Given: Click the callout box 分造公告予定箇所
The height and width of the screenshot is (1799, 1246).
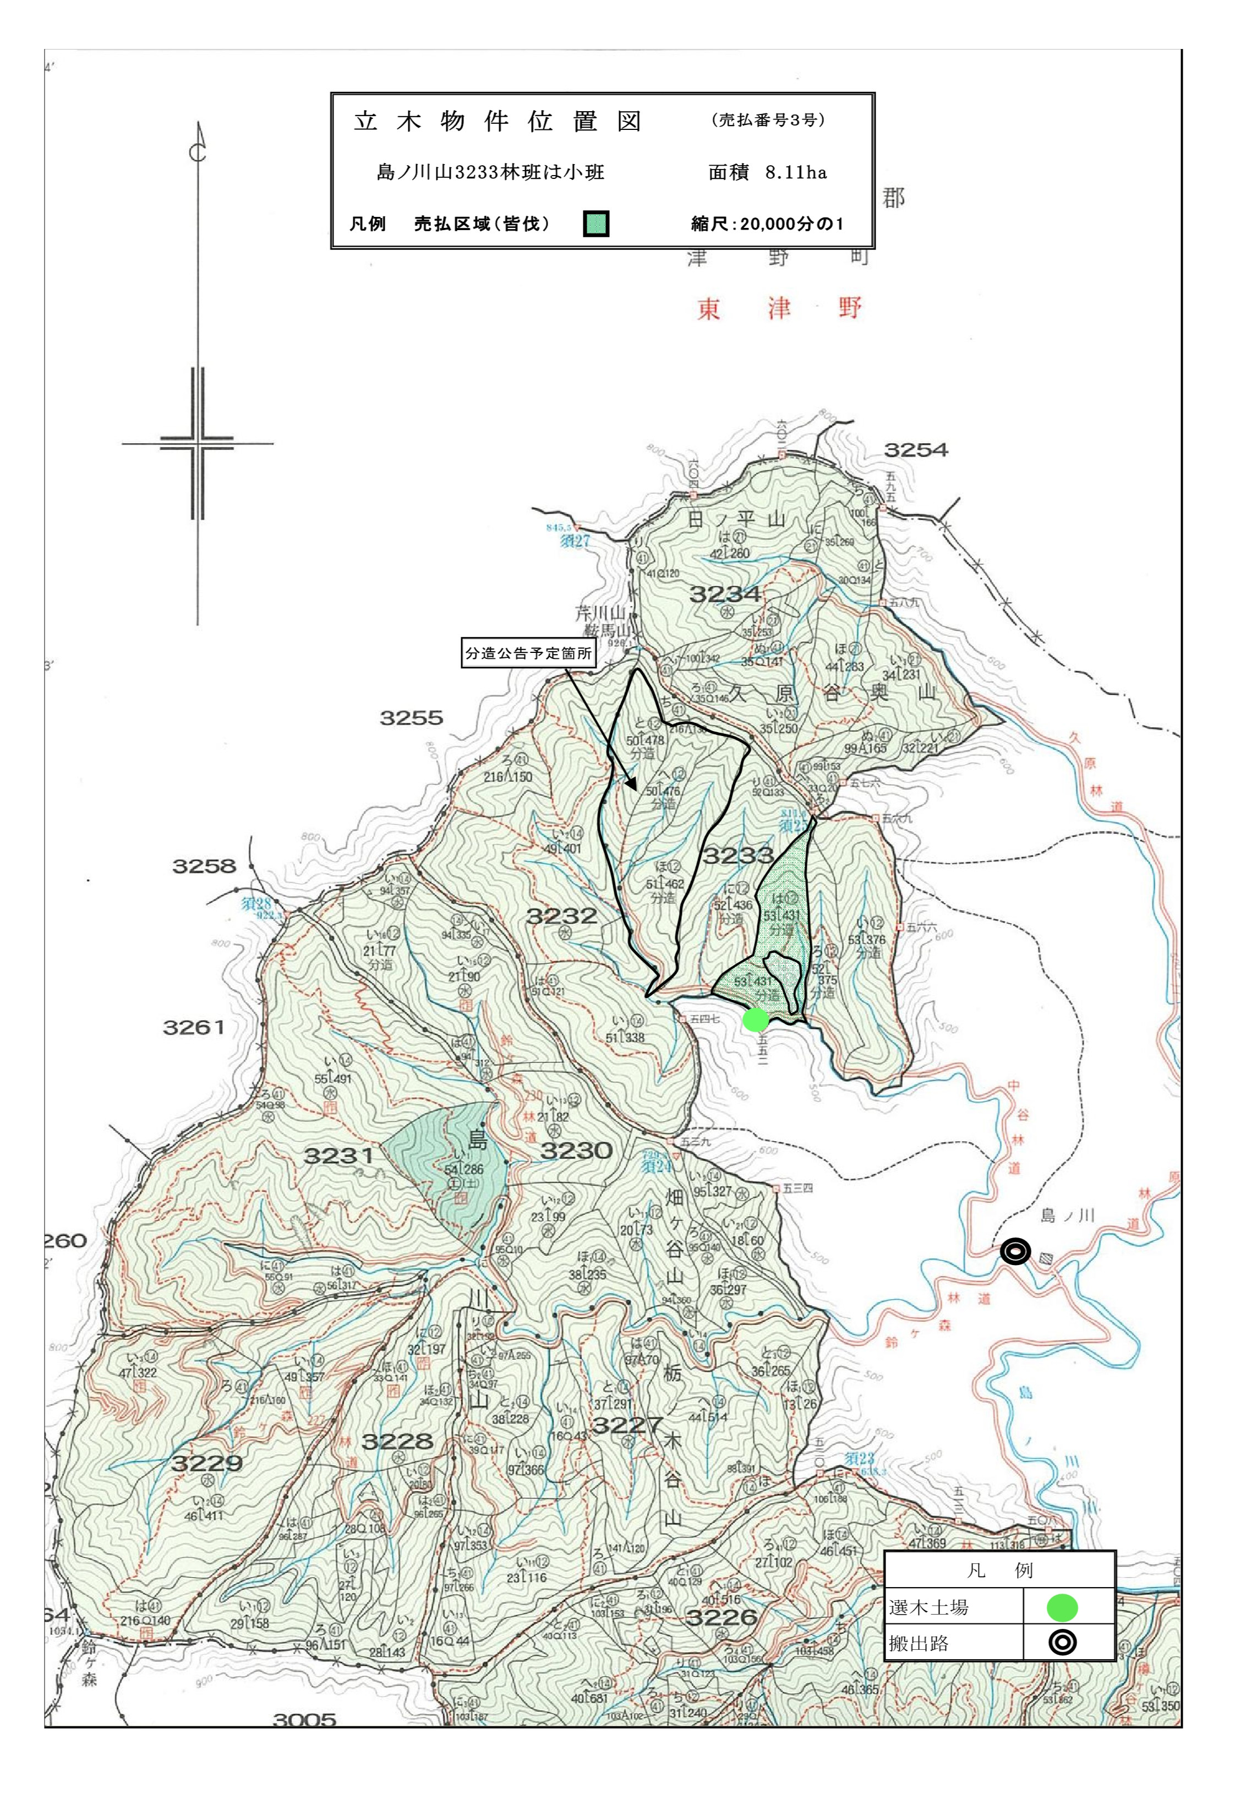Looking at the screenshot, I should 528,653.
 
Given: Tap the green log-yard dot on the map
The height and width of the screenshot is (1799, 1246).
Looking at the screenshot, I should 755,1020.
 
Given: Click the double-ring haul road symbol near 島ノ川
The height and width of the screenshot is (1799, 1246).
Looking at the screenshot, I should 1015,1252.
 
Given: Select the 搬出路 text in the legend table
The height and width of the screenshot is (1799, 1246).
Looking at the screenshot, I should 919,1644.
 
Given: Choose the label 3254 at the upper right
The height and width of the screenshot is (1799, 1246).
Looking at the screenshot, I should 916,450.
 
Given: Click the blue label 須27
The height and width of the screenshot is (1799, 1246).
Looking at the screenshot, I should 574,541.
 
